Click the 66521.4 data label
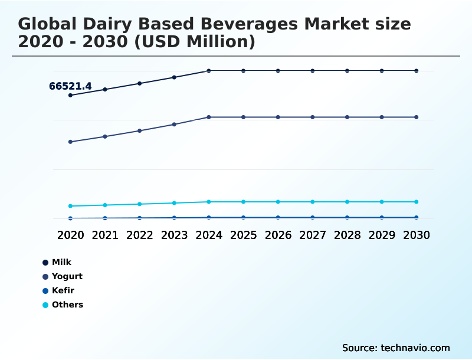coord(70,86)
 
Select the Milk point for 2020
coord(70,95)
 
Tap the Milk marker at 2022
coord(140,83)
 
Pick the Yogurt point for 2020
coord(70,142)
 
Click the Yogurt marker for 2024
coord(209,117)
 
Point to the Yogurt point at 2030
coord(417,117)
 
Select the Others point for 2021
coord(105,205)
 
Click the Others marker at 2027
coord(313,202)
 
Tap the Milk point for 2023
coord(174,77)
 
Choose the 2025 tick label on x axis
coord(243,235)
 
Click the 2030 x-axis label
coord(417,235)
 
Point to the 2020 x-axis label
coord(70,235)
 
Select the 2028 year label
coord(347,235)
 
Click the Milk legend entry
coord(61,262)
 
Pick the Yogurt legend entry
coord(67,276)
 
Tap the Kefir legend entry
coord(63,290)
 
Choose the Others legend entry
coord(67,305)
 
